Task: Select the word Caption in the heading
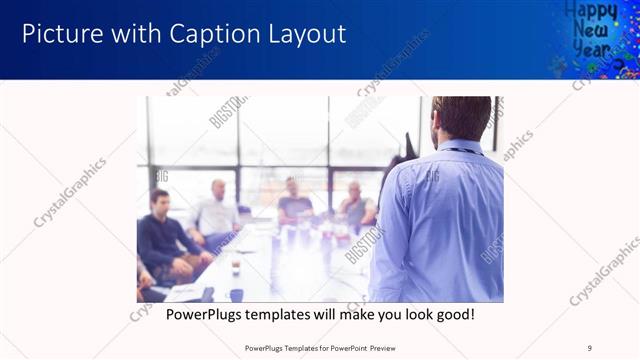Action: tap(208, 34)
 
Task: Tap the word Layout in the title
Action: tap(300, 34)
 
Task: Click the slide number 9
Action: tap(590, 347)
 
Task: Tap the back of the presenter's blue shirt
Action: tap(445, 220)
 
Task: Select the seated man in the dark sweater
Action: tap(164, 240)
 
